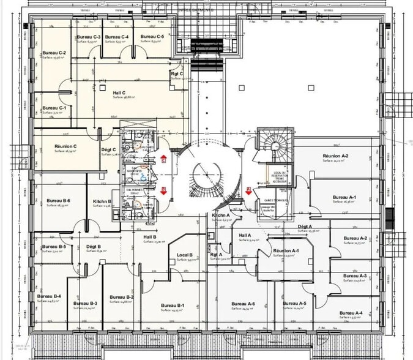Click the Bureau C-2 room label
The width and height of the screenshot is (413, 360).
coord(54,53)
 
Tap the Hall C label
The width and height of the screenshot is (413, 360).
coord(119,92)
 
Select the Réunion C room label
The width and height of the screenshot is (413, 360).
coord(65,146)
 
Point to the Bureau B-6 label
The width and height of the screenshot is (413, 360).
coord(58,201)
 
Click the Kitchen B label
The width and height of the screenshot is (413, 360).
coord(102,201)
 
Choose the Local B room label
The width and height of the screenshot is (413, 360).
coord(185,255)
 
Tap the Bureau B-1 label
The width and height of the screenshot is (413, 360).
coord(173,306)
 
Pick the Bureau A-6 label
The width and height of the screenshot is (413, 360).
coord(243,304)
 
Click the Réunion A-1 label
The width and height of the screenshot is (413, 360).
coord(286,251)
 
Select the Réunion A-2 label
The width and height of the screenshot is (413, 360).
coord(335,156)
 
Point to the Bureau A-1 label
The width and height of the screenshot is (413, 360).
coord(344,197)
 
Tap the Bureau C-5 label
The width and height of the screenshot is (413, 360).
coord(152,37)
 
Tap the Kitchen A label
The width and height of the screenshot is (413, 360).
coord(221,216)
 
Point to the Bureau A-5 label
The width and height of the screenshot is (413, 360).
coord(294,304)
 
